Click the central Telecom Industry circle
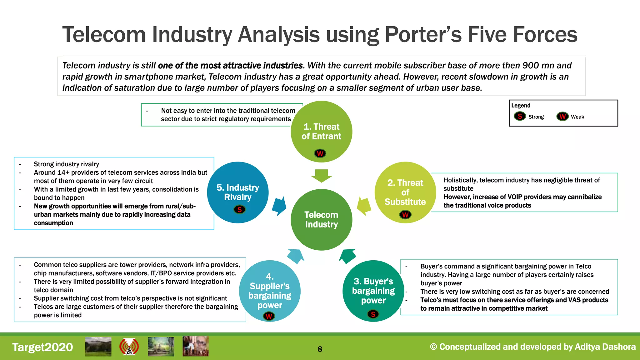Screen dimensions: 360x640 [x=321, y=219]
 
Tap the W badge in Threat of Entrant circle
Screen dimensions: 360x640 [x=320, y=153]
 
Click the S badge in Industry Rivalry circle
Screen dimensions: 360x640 [x=240, y=209]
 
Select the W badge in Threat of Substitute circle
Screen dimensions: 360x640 [x=405, y=215]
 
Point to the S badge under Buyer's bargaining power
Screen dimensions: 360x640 [x=373, y=314]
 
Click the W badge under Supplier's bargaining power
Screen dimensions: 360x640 [x=269, y=316]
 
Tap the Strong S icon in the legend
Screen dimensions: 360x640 [x=520, y=116]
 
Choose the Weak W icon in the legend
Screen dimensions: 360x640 [x=562, y=116]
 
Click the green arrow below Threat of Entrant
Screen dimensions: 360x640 [x=322, y=176]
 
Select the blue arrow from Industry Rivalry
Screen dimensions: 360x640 [x=279, y=206]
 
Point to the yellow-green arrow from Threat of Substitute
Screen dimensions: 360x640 [x=364, y=206]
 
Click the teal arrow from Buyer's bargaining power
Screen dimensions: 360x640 [x=348, y=256]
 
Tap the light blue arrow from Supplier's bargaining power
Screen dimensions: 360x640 [x=296, y=256]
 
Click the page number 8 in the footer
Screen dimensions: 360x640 [x=320, y=349]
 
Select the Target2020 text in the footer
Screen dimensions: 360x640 [x=42, y=347]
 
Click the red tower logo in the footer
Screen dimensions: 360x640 [x=129, y=347]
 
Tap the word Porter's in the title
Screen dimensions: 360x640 [x=423, y=34]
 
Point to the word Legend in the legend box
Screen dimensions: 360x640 [x=521, y=106]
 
